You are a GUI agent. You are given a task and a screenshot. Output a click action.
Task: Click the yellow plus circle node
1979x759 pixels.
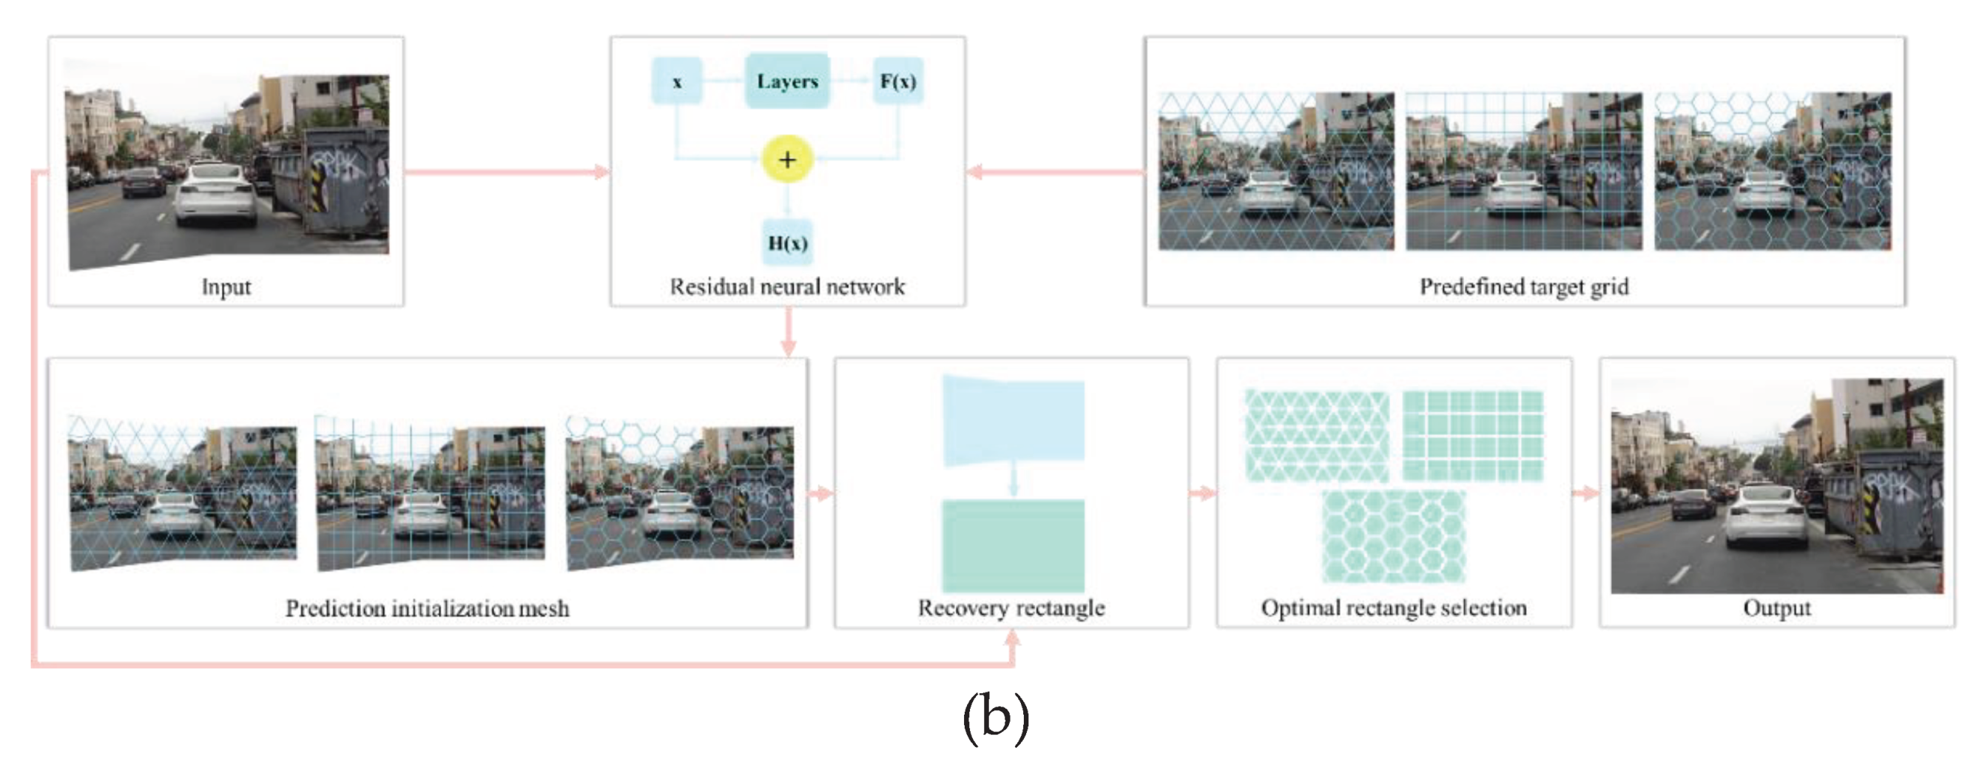[x=786, y=159]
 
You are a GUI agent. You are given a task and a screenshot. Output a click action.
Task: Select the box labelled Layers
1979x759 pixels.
[x=786, y=81]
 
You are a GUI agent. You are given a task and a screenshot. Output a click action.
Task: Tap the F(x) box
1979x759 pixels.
[x=897, y=81]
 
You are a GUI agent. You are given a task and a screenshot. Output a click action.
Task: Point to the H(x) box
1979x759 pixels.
[x=787, y=243]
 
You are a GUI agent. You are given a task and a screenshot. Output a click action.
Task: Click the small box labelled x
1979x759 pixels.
[x=676, y=81]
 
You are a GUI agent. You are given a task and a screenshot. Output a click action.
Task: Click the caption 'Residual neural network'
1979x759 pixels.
[x=786, y=286]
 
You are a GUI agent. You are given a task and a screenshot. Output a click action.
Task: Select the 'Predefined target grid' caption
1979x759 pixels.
[x=1523, y=286]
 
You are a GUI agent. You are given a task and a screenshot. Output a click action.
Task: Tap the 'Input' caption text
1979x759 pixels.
[x=226, y=286]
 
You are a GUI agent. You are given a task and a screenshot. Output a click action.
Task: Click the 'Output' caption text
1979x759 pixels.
[x=1776, y=607]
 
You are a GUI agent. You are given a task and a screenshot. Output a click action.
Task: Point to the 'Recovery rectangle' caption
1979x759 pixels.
[x=1011, y=607]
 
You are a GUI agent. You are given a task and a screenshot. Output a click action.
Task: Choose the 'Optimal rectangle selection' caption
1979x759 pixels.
[x=1394, y=607]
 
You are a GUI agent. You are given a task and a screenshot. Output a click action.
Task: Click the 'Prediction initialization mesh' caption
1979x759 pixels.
[x=427, y=608]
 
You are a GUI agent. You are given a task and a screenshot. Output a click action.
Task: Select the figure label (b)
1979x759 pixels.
[x=995, y=718]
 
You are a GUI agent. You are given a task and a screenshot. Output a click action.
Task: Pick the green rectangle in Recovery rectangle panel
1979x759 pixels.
[x=1013, y=544]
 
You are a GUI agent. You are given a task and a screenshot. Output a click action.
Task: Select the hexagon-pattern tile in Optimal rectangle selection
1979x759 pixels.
[x=1393, y=536]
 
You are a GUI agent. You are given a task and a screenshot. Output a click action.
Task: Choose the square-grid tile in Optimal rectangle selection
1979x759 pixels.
[x=1472, y=436]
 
